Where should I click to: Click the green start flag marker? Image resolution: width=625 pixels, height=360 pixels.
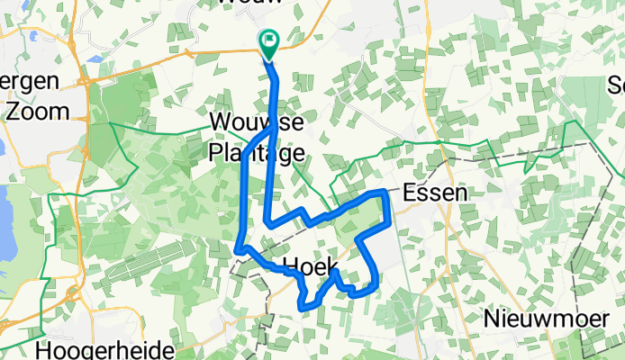coord(268,41)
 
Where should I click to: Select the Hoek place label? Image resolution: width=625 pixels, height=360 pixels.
coord(309,265)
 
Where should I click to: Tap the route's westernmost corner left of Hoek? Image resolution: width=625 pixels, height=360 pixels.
coord(237,249)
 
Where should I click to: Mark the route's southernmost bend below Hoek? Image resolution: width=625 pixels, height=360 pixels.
coord(301,307)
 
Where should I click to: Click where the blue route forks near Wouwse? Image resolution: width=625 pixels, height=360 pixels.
coord(274,128)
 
